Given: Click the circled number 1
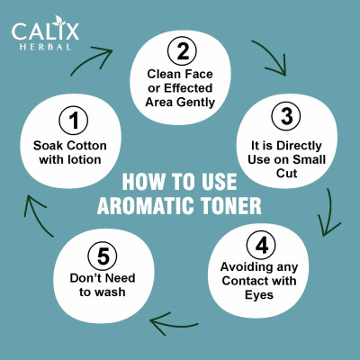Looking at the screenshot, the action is tap(74, 121).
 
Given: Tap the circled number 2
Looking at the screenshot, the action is tap(182, 51).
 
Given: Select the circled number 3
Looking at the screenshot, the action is tap(286, 116).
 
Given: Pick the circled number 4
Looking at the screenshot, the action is tap(261, 246).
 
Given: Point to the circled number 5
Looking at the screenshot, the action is tap(103, 256).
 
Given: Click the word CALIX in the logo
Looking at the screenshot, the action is tap(45, 31).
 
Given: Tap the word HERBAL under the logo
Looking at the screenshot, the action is tap(46, 47).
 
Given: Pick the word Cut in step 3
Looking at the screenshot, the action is tap(287, 174).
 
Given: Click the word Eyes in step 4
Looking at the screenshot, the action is tap(259, 294).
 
